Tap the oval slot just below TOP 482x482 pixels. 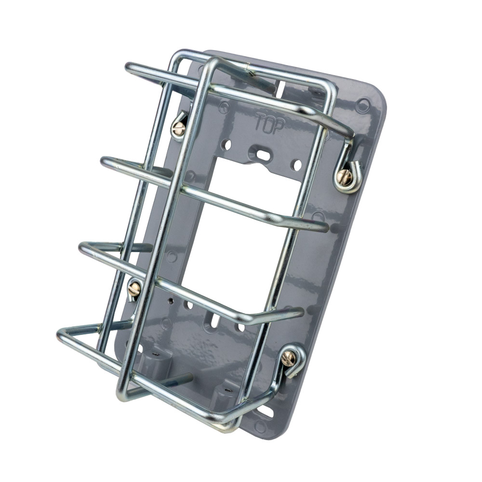[264, 154]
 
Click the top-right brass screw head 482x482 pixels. [344, 177]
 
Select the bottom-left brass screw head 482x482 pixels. [134, 289]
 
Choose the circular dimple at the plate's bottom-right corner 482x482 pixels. [261, 426]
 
